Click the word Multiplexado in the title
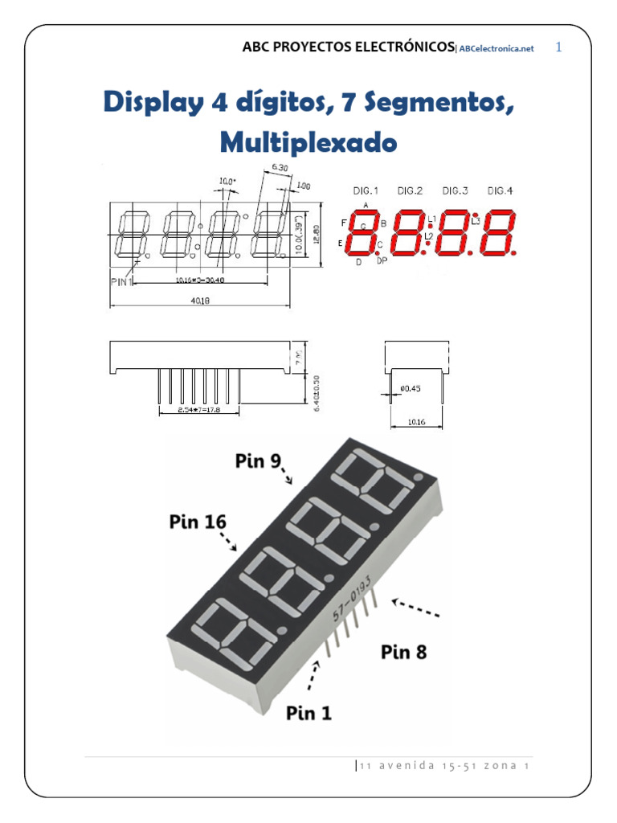(308, 143)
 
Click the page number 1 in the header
(559, 47)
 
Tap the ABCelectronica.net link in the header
(496, 48)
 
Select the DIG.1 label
(366, 190)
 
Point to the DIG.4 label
(500, 190)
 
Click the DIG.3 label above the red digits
(455, 190)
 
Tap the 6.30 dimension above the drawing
(280, 167)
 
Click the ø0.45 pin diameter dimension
(409, 390)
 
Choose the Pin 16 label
(198, 522)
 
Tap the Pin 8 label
(404, 652)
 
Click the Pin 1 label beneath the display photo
(308, 711)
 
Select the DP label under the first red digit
(382, 261)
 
